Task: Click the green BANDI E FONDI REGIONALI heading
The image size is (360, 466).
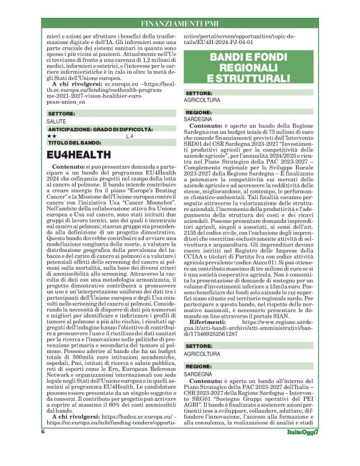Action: click(x=248, y=68)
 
